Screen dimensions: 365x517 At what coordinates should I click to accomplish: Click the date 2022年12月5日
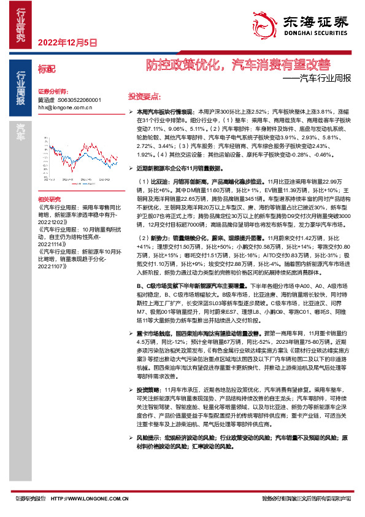[x=67, y=43]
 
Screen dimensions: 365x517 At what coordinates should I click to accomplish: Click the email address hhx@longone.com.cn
[x=65, y=107]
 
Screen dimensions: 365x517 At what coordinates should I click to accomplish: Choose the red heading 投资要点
[x=144, y=97]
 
